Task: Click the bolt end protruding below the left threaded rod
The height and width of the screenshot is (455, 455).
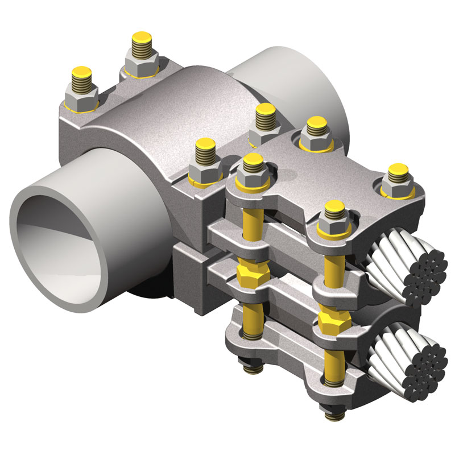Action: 251,370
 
